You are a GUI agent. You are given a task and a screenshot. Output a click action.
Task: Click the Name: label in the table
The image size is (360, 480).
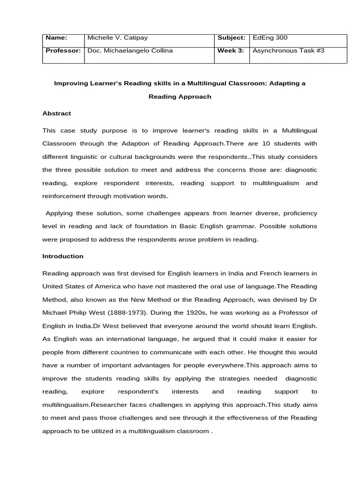pyautogui.click(x=55, y=37)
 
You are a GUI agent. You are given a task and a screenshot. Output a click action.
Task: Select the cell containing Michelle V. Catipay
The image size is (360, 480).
pyautogui.click(x=117, y=37)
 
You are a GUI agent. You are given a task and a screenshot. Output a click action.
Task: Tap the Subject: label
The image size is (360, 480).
pyautogui.click(x=232, y=37)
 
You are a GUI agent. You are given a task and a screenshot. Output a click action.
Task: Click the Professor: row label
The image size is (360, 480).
pyautogui.click(x=62, y=51)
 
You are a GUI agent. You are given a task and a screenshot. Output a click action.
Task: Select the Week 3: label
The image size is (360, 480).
pyautogui.click(x=231, y=51)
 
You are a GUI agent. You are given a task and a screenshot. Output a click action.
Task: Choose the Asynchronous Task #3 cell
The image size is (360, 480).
pyautogui.click(x=288, y=51)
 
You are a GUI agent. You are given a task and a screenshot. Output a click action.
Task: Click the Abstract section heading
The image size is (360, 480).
pyautogui.click(x=56, y=113)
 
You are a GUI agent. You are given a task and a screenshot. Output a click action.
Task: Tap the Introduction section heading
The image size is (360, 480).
pyautogui.click(x=63, y=256)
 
